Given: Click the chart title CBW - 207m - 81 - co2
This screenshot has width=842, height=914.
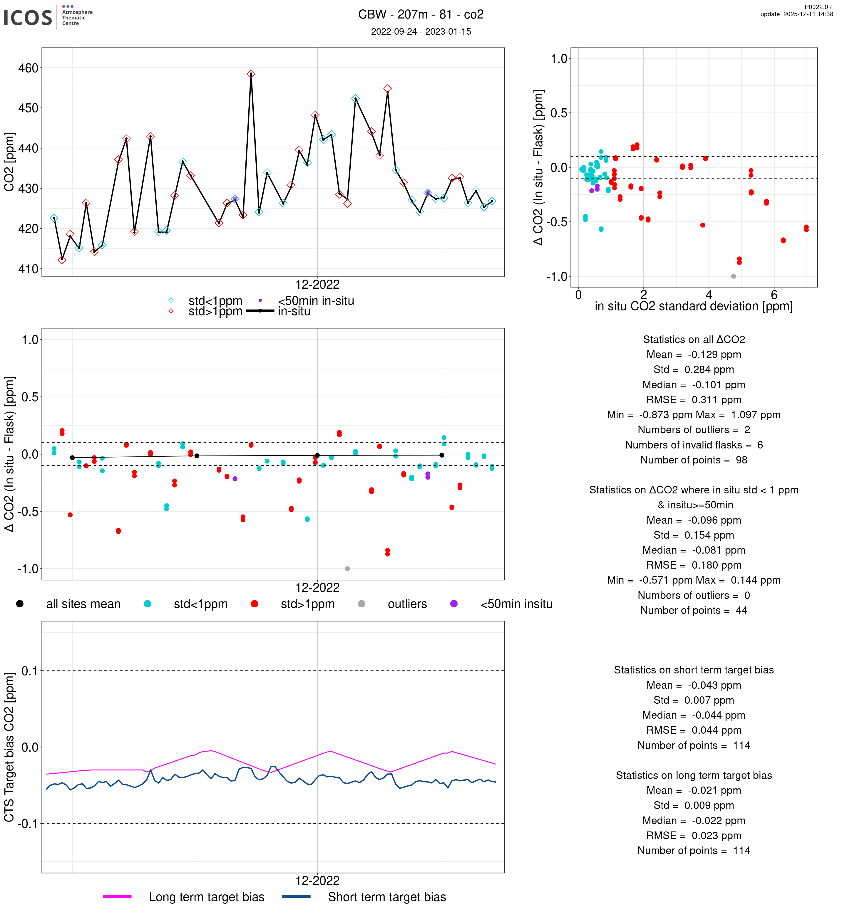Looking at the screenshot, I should [421, 15].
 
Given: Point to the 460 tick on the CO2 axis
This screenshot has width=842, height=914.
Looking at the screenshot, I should [28, 68].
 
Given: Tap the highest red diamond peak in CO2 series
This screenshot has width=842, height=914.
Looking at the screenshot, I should [251, 74].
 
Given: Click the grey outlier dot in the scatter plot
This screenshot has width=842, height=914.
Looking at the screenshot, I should [733, 276].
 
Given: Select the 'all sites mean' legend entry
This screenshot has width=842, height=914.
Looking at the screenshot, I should [83, 604].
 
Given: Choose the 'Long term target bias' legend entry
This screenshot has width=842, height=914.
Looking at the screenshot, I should [206, 897].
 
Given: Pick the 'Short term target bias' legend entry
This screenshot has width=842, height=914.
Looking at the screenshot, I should [386, 897].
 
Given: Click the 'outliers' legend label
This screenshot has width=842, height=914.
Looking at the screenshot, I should [407, 604].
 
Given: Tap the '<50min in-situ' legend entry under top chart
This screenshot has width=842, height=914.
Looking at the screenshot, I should [315, 301].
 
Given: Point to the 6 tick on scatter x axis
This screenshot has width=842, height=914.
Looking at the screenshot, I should [774, 295].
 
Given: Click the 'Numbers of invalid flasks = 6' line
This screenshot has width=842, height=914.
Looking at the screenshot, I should [694, 445].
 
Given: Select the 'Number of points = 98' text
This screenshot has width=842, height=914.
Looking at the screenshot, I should [694, 460].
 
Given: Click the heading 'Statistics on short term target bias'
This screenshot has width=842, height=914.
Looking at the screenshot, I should [694, 670].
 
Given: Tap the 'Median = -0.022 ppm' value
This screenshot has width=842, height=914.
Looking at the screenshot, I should [694, 821].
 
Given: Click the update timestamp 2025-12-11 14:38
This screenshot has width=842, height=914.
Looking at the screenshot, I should [796, 14].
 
